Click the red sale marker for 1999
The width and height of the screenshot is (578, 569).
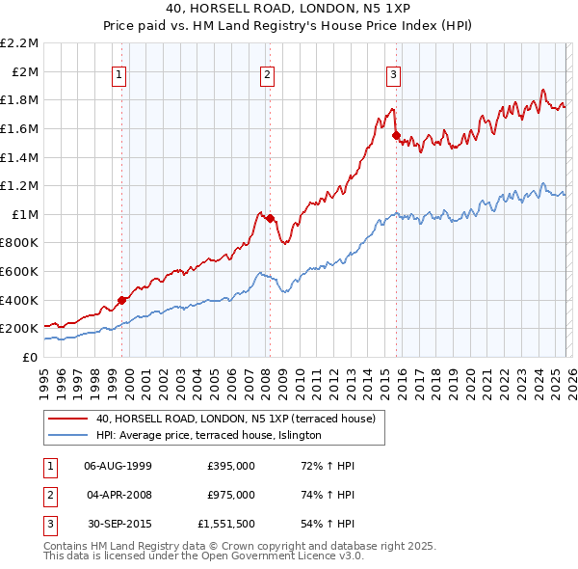point(121,300)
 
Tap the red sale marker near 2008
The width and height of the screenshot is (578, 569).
point(270,218)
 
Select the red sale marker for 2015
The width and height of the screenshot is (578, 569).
point(397,136)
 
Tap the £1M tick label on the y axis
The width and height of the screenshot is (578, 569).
point(26,214)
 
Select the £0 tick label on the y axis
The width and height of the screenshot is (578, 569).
point(32,357)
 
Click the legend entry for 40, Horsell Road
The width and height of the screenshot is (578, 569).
point(241,419)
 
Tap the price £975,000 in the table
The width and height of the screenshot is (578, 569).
point(231,495)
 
